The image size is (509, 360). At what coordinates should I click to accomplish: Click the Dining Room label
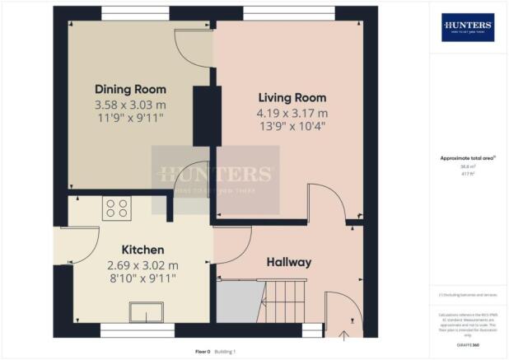[130, 89]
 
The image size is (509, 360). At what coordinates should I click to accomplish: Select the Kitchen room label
[142, 250]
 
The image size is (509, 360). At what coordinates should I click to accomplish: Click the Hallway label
[288, 262]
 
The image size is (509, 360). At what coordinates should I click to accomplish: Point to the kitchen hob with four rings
[115, 208]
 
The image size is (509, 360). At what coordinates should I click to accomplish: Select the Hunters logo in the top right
[468, 27]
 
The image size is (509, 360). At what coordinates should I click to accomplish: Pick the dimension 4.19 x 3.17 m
[292, 113]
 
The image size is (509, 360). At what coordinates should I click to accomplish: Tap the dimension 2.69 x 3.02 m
[142, 265]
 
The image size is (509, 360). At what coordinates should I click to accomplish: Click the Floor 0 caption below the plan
[203, 351]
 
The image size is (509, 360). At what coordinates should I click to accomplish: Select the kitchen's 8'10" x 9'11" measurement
[142, 280]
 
